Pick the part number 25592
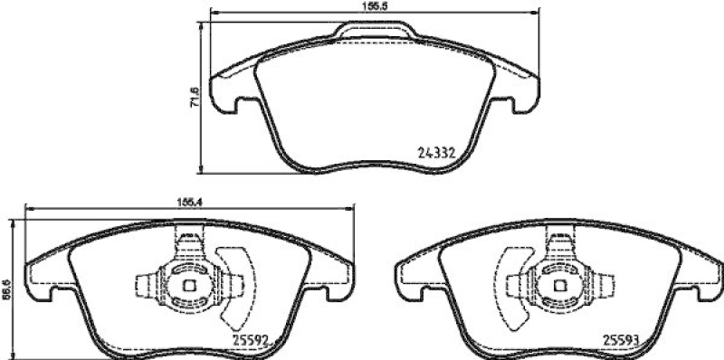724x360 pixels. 249,341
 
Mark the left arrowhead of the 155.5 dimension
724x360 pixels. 214,13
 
